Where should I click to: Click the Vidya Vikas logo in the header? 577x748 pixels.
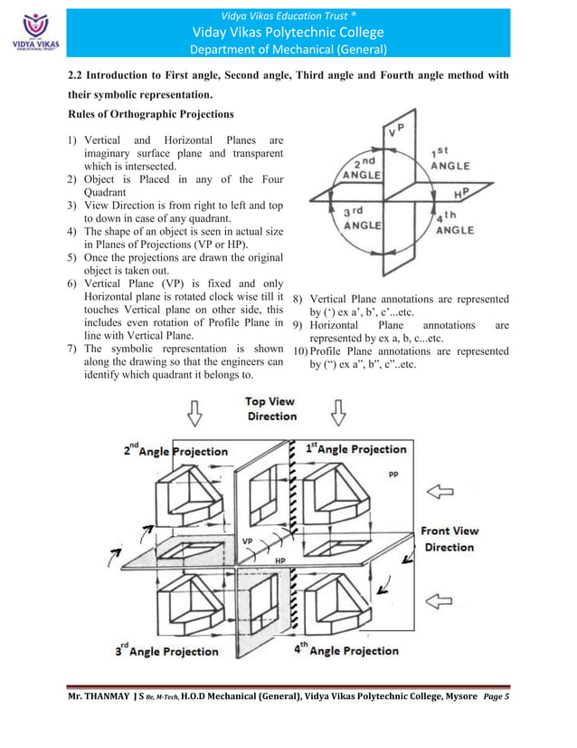[31, 29]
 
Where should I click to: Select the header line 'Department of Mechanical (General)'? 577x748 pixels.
[288, 49]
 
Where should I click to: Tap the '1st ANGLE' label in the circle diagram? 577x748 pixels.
[449, 159]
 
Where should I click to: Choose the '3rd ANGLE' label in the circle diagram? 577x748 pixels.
[359, 218]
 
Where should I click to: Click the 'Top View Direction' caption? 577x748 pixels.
[271, 408]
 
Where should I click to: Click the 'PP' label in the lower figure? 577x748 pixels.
[393, 473]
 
